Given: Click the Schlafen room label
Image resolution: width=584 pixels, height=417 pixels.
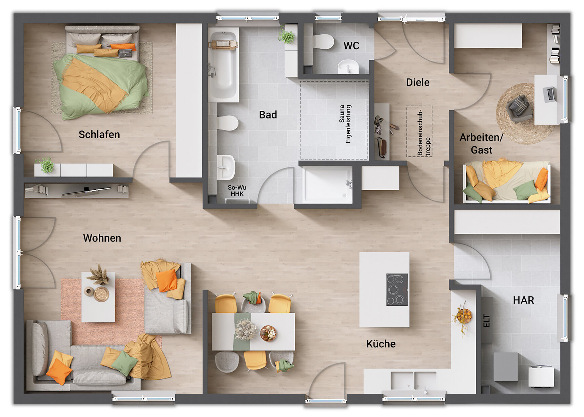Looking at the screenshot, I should click(x=99, y=134).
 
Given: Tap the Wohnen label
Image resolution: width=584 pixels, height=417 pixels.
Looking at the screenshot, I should click(x=102, y=238).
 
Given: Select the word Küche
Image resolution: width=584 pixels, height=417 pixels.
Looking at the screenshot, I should click(x=381, y=344).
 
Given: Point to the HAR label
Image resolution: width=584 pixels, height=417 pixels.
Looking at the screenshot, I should click(x=523, y=300).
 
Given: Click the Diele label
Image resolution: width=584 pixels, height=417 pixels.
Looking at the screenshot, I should click(x=418, y=82).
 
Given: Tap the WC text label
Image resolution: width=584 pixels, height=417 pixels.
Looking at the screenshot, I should click(x=351, y=46).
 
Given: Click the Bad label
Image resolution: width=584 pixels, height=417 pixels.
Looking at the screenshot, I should click(x=268, y=115).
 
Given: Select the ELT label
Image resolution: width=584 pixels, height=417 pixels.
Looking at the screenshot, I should click(x=487, y=321).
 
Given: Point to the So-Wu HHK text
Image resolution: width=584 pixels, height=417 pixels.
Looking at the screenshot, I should click(x=237, y=191).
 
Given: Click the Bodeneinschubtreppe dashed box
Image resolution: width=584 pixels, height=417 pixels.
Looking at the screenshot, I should click(x=420, y=131).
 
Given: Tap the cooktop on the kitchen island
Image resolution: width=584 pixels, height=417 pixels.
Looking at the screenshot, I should click(x=397, y=290).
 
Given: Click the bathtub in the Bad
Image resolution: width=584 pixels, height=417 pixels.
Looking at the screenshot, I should click(x=223, y=65).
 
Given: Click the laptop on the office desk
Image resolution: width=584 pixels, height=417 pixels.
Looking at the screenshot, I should click(x=549, y=94).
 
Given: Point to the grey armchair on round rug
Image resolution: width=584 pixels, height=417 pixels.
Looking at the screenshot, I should click(x=518, y=107).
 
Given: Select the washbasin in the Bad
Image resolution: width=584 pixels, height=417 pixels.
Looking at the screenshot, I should click(x=226, y=167).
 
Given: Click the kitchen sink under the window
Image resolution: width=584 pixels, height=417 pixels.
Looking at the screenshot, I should click(x=413, y=380).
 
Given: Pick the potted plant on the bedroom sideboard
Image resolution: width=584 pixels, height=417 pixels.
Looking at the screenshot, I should click(x=46, y=166).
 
